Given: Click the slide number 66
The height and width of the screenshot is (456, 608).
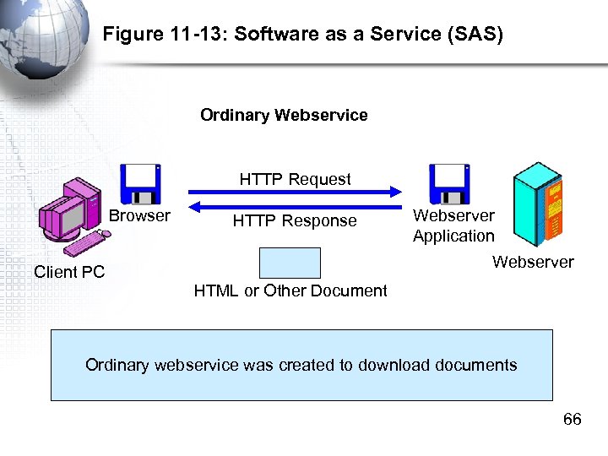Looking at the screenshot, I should coord(572,420).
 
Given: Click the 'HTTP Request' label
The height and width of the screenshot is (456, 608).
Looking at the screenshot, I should coord(295,179).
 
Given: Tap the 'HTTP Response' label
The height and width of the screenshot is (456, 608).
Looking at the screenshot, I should coord(295,221).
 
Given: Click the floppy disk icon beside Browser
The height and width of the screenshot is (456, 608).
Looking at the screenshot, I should coord(140,184).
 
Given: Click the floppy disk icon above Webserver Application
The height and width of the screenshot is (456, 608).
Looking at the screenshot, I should coord(449,184).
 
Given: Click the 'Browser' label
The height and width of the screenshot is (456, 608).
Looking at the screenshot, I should coord(139,216).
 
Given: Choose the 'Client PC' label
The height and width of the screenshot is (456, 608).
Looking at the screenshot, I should coord(69,272).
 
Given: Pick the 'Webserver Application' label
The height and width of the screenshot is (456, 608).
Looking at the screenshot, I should coord(453,226).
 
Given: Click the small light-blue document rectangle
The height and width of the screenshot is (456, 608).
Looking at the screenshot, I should coord(290,263).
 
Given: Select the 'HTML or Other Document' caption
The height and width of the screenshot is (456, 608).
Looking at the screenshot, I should coord(290,291).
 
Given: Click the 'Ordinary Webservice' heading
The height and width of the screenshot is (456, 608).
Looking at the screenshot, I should coord(284,115).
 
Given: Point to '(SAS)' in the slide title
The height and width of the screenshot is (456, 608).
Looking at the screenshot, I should coord(476,35).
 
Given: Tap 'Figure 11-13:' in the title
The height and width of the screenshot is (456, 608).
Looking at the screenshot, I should coord(153,35).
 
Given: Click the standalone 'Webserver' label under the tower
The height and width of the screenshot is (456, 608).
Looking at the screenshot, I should coord(533,263).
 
